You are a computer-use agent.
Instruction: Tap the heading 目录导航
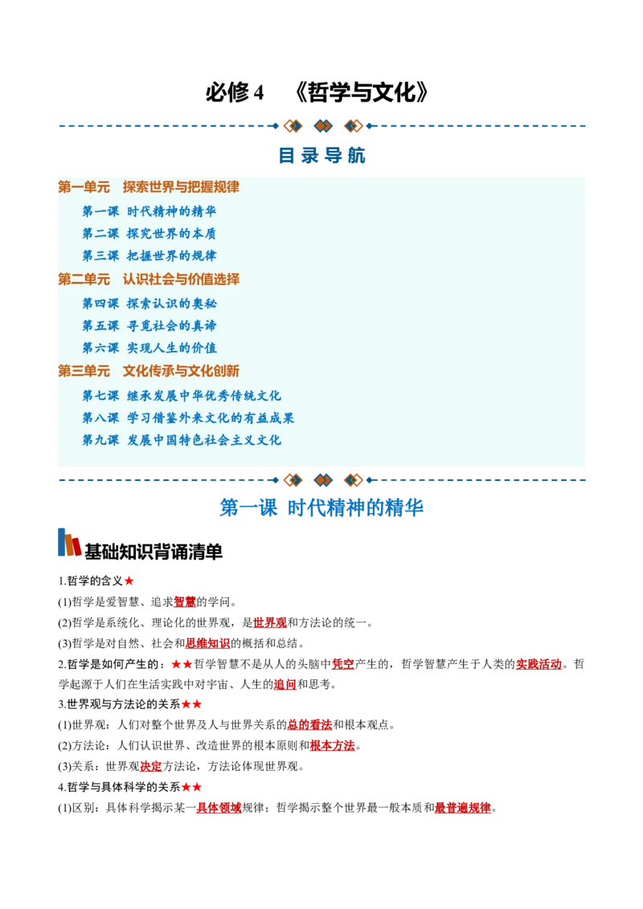pos(321,155)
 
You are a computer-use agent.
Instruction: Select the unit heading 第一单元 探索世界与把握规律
pos(149,186)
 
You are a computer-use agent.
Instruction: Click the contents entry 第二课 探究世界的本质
pos(149,234)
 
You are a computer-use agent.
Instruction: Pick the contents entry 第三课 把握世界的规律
pos(149,255)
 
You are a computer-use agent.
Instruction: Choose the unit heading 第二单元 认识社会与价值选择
pos(149,279)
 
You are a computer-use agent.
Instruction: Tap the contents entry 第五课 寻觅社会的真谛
pos(149,326)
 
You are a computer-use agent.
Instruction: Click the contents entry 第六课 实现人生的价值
pos(149,348)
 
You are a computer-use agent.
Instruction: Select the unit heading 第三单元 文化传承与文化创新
pos(149,370)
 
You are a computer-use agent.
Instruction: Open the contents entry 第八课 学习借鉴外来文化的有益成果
pos(188,418)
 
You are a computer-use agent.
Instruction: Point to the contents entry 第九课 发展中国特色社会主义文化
pos(182,440)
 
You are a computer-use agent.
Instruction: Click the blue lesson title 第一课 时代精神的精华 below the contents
pos(321,507)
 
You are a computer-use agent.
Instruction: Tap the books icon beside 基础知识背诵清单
pos(69,543)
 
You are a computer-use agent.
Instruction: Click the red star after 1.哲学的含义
pos(129,581)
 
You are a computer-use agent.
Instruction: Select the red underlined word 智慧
pos(185,601)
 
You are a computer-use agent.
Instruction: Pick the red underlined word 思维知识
pos(207,643)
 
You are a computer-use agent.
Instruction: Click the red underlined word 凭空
pos(342,664)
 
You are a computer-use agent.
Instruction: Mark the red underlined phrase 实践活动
pos(539,664)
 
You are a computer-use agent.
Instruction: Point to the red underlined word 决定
pos(151,766)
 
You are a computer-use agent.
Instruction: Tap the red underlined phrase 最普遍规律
pos(462,808)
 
